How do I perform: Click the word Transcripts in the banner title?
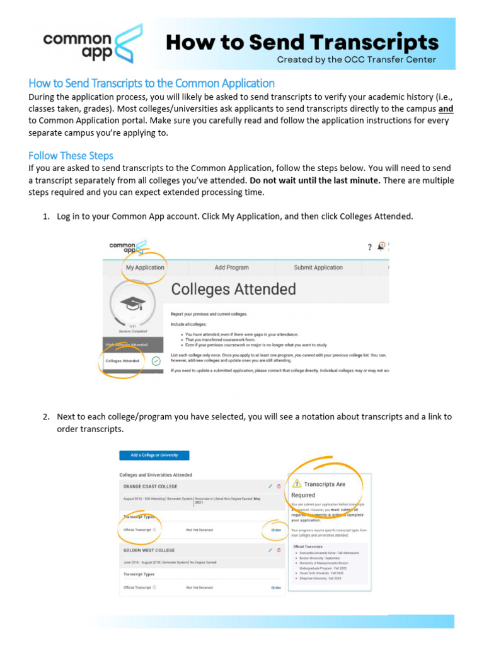click(364, 42)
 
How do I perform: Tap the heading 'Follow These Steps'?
click(71, 155)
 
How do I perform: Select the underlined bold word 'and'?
click(446, 109)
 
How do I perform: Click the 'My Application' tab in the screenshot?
click(145, 267)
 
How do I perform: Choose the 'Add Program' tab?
click(231, 267)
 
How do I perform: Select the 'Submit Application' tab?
click(318, 267)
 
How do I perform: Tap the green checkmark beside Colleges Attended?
click(156, 361)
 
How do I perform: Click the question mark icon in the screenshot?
click(370, 247)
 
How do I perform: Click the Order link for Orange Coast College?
click(276, 530)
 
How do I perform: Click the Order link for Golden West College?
click(276, 587)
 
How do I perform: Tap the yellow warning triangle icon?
click(297, 484)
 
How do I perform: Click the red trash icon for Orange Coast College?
click(279, 486)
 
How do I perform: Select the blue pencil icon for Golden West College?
click(270, 550)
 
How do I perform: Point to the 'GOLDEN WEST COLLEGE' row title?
click(149, 550)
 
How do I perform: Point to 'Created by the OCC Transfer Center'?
click(357, 60)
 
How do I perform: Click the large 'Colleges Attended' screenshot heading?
click(233, 290)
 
